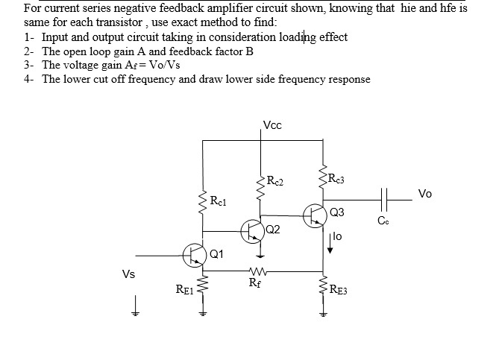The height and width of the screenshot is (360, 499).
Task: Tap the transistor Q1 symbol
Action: click(194, 254)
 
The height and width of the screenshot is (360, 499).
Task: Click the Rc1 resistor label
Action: click(218, 201)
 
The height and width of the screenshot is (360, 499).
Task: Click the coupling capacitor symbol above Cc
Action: click(384, 200)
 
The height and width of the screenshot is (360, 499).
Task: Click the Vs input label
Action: click(128, 274)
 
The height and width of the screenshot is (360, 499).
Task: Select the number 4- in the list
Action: click(28, 78)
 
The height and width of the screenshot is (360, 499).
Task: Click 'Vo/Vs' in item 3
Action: click(164, 65)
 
